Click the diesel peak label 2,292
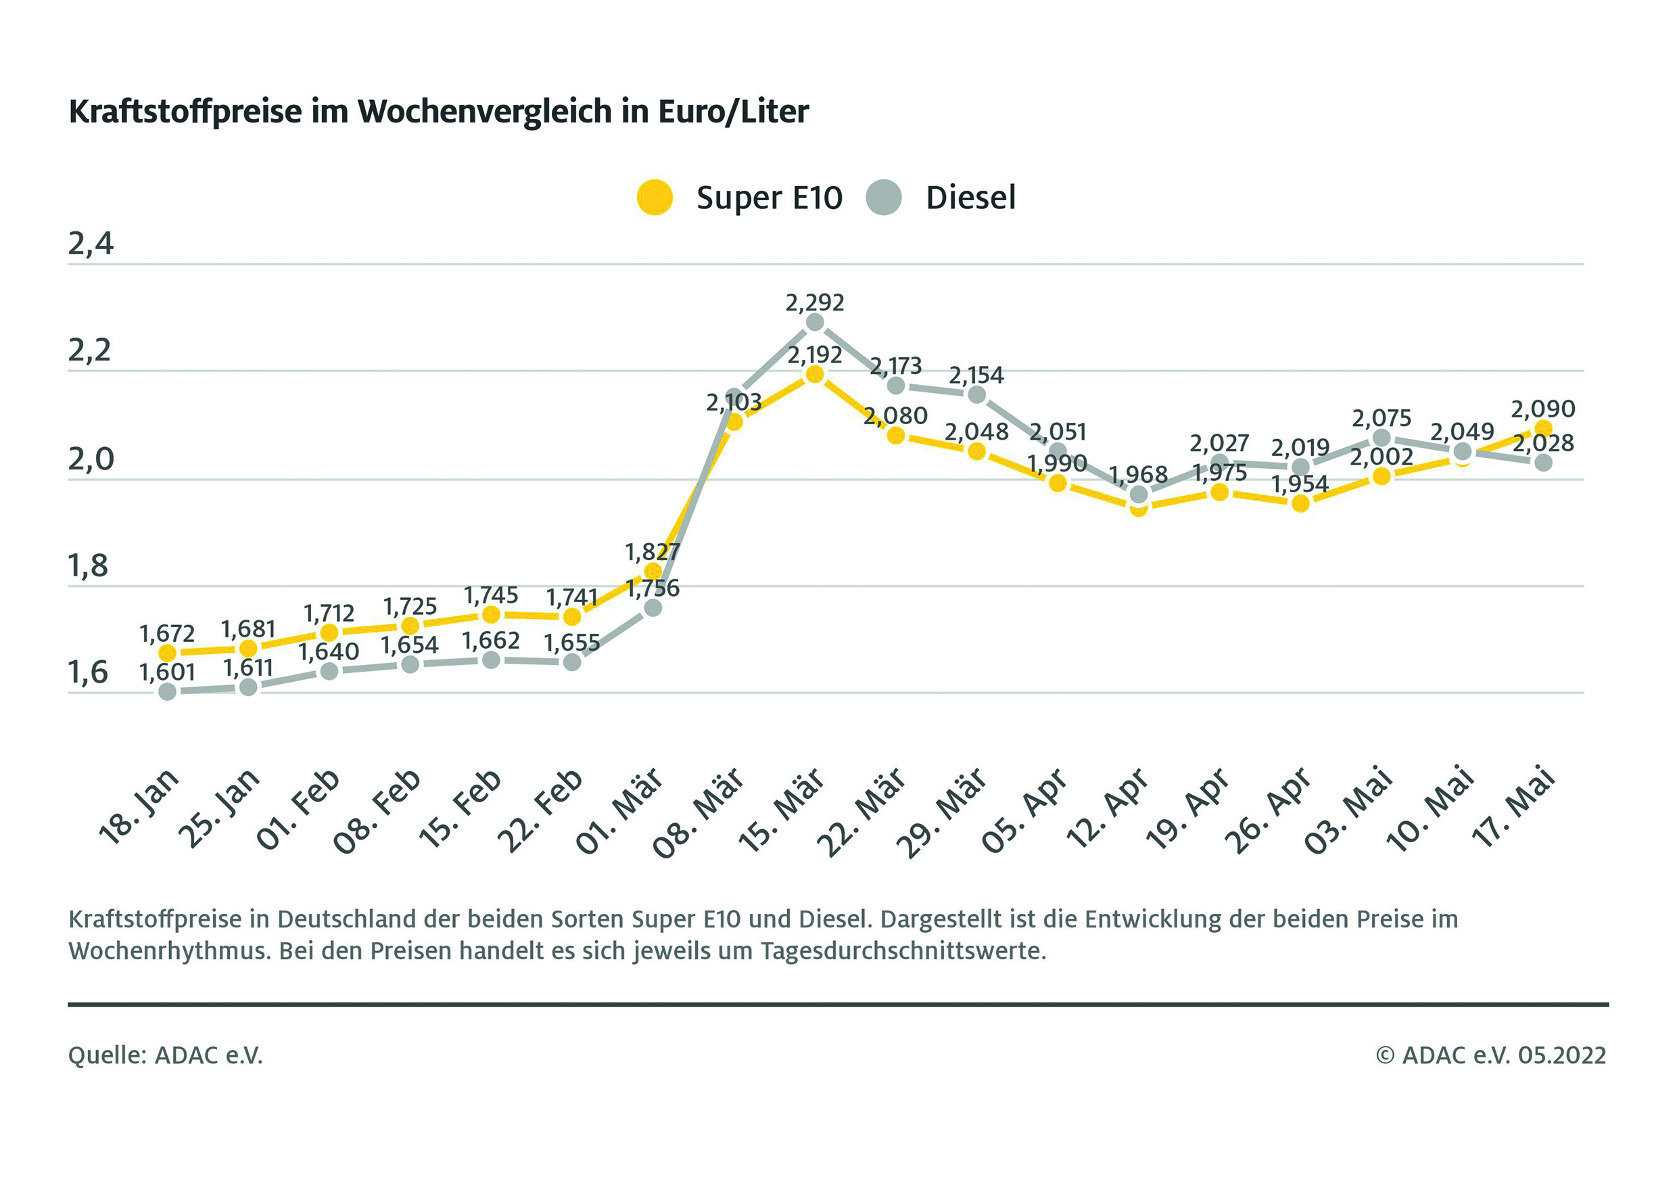(814, 302)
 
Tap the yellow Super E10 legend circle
(655, 198)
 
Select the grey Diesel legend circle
(884, 198)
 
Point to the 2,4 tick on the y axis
(91, 244)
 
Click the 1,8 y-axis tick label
(89, 566)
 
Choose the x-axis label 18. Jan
(138, 806)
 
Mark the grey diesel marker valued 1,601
(167, 691)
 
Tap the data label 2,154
(976, 375)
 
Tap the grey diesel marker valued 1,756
(653, 608)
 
